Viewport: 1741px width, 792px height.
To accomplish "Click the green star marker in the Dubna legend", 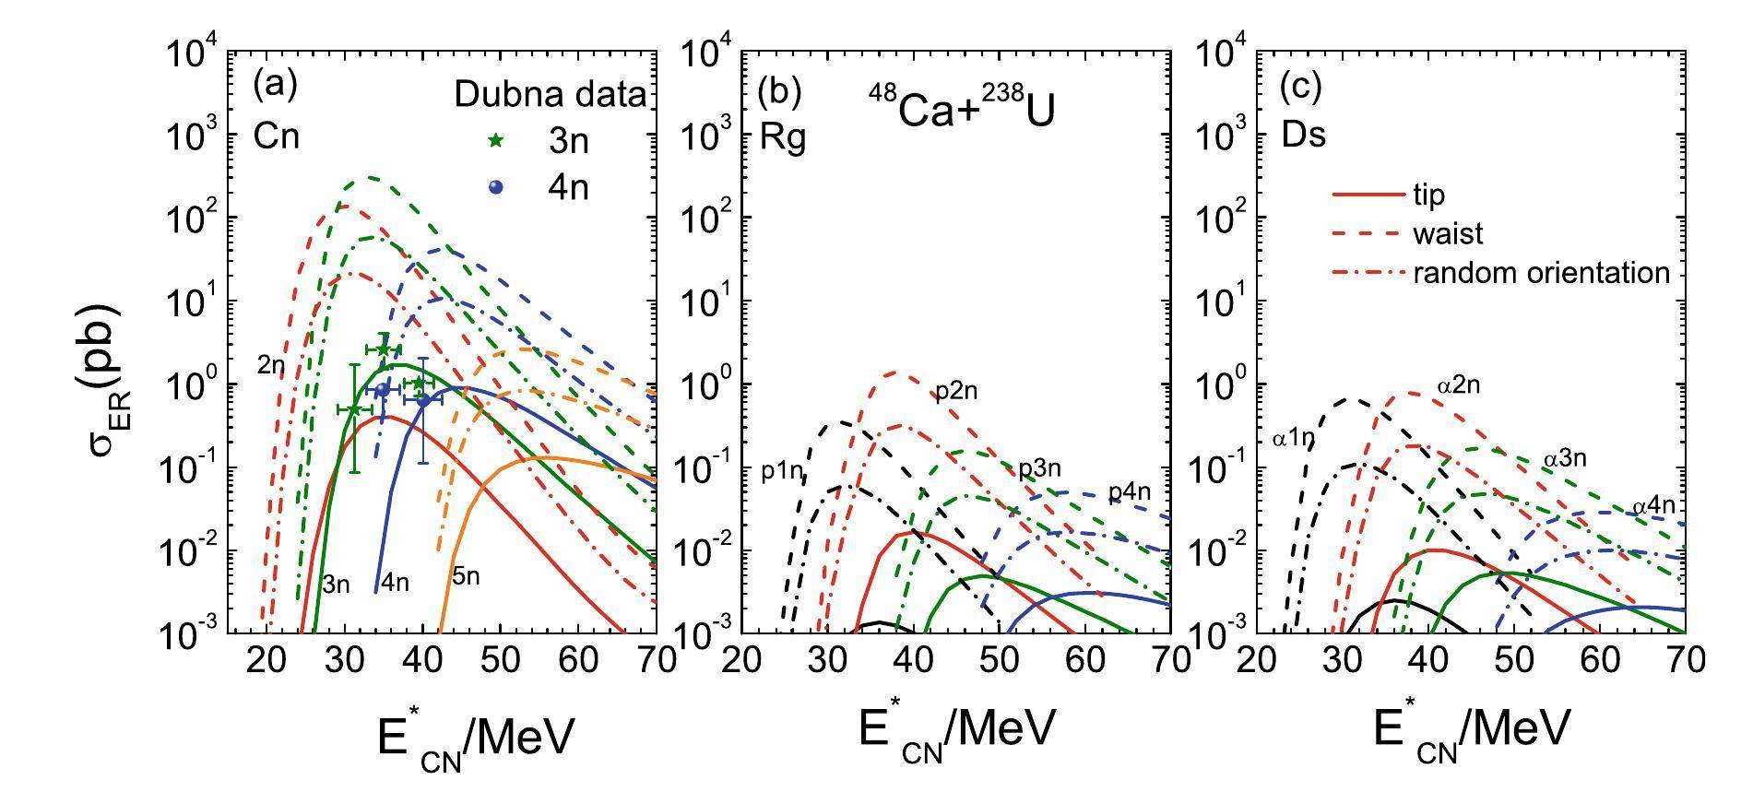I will tap(496, 141).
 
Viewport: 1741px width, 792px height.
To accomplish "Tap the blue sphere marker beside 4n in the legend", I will tap(496, 187).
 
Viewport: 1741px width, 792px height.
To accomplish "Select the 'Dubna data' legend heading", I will tap(551, 95).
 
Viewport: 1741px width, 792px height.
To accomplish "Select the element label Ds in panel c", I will tap(1304, 135).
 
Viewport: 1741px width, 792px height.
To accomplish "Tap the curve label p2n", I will tap(955, 392).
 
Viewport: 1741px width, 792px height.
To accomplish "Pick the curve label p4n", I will tap(1129, 492).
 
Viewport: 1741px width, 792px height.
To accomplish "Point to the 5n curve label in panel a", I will tap(466, 577).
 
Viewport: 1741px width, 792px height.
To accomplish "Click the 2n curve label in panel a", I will tap(271, 365).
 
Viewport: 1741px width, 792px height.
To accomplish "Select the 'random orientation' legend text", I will tap(1541, 273).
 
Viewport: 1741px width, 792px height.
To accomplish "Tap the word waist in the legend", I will tap(1447, 234).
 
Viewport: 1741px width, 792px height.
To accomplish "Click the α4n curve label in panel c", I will tap(1653, 506).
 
